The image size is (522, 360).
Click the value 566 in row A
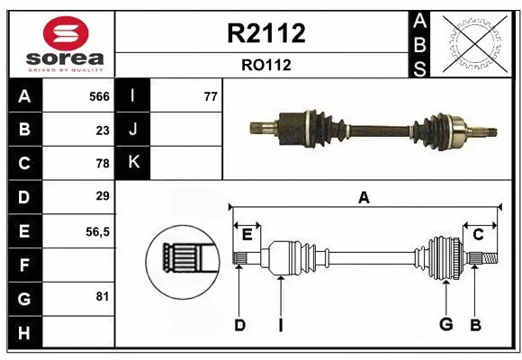pos(99,96)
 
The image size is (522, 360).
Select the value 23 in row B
pos(103,130)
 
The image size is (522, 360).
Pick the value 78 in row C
pos(103,163)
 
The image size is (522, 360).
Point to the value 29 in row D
pos(103,196)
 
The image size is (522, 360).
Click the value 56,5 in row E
pos(97,230)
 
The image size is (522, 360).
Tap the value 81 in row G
pos(103,296)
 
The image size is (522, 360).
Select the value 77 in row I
pos(211,96)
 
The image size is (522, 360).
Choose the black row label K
pos(133,163)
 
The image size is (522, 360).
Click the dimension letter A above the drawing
pos(364,198)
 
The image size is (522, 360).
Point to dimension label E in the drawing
pos(247,235)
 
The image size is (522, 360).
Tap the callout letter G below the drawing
pos(445,325)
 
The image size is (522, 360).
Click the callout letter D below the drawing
pos(239,325)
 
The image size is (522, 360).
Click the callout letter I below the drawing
pos(280,325)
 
